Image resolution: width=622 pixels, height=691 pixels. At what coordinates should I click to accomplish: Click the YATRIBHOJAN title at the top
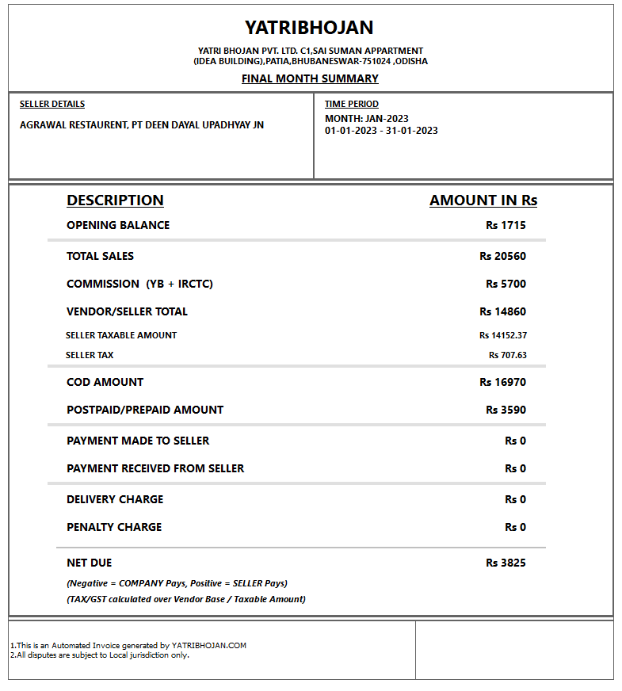tap(309, 28)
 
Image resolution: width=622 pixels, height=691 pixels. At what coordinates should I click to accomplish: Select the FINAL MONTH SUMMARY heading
tap(310, 78)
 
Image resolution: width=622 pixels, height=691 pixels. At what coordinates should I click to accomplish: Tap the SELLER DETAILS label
tap(52, 104)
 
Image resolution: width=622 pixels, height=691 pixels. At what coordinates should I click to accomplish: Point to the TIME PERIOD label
tap(352, 104)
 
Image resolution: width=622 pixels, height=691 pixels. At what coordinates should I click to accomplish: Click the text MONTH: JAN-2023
tap(367, 119)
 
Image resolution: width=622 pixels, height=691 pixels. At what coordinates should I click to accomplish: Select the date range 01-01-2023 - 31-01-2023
tap(381, 131)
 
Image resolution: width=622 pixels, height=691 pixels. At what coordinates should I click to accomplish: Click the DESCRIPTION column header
tap(115, 200)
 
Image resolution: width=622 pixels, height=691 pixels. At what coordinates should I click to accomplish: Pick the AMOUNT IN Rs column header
tap(483, 200)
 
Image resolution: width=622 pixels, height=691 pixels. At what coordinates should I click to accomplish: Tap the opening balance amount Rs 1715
tap(506, 225)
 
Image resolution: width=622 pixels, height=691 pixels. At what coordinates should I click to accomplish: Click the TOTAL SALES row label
tap(101, 256)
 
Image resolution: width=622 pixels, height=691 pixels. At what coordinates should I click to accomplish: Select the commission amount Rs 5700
tap(506, 284)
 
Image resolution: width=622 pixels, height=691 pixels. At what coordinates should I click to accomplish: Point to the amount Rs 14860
tap(502, 311)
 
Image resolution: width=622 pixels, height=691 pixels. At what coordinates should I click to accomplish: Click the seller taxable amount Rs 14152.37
tap(502, 335)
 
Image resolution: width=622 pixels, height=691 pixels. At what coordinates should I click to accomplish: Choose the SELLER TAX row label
tap(90, 355)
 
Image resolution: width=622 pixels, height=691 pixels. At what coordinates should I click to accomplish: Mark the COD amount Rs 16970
tap(502, 382)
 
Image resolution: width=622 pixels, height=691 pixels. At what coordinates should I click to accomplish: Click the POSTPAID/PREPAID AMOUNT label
tap(145, 410)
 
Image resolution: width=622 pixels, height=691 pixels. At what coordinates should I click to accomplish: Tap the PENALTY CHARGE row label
tap(114, 527)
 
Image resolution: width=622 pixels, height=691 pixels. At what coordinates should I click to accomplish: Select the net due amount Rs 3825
tap(506, 563)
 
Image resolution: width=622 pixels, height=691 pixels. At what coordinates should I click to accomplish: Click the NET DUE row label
tap(90, 563)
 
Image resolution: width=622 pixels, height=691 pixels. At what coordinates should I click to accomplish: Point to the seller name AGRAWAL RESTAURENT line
tap(142, 125)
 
